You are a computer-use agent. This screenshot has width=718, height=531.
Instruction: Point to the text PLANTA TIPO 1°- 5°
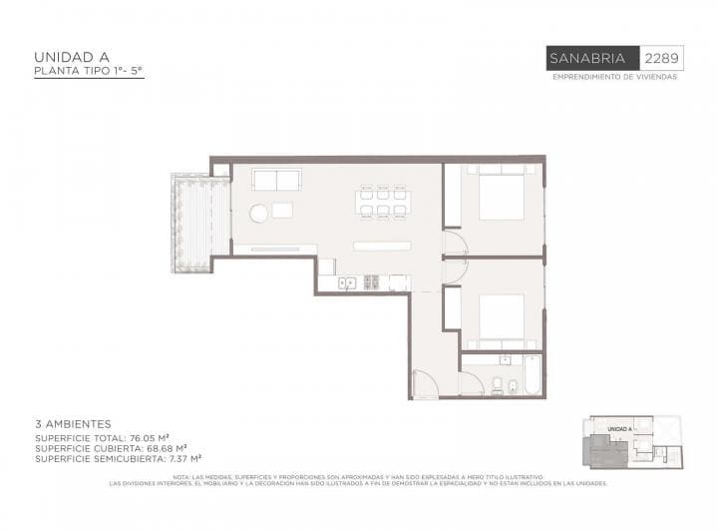click(89, 72)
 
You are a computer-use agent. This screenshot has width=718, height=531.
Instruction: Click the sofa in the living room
click(276, 181)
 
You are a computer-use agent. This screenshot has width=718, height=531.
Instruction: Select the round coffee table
click(258, 213)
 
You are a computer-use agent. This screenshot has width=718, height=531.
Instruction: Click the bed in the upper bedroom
click(501, 194)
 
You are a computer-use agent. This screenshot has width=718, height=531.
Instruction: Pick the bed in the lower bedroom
click(501, 318)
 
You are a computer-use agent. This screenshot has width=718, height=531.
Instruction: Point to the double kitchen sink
click(347, 282)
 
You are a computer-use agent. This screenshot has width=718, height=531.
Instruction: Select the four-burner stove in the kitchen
click(372, 282)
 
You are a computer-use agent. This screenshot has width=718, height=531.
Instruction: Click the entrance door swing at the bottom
click(423, 384)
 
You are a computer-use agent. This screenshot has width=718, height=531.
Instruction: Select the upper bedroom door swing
click(454, 241)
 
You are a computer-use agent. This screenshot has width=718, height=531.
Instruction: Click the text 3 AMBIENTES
click(73, 424)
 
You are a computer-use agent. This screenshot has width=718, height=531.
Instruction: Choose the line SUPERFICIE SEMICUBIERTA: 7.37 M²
click(119, 458)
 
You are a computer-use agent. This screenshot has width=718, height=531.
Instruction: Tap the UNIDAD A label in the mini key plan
click(619, 428)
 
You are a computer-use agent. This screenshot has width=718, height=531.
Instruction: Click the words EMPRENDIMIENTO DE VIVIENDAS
click(614, 77)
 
